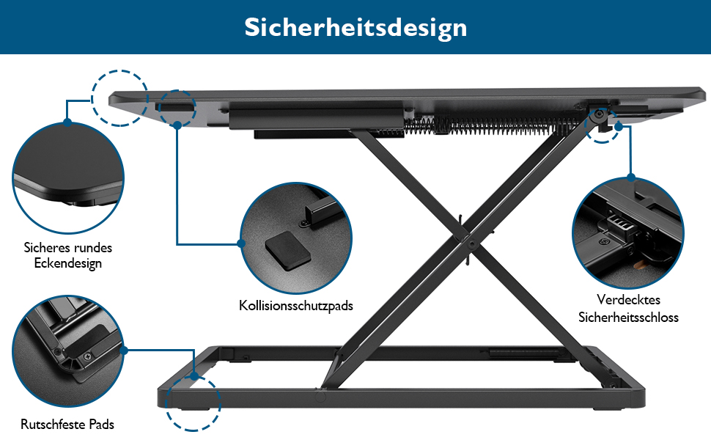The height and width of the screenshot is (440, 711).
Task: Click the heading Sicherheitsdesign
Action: pos(355,28)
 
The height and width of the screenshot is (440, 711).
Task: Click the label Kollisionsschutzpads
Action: pos(296,306)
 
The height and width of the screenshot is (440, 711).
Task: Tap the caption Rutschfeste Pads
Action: pos(67,425)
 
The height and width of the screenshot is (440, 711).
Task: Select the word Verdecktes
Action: pos(628,300)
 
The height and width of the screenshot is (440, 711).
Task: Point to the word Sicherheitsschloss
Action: pos(628,317)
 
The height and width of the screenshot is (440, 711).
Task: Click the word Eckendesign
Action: pos(68,263)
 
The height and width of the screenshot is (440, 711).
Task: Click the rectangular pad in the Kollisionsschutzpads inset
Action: pos(287,250)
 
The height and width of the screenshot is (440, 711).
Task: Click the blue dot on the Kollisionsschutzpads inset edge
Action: pos(241,243)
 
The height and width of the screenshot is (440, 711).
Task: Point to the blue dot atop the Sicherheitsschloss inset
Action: pos(631,177)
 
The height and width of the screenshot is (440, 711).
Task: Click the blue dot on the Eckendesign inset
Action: pos(67,122)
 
